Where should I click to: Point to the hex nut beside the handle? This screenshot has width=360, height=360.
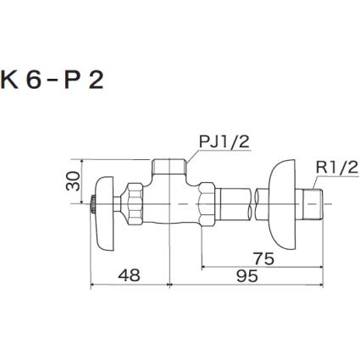[133, 205]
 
